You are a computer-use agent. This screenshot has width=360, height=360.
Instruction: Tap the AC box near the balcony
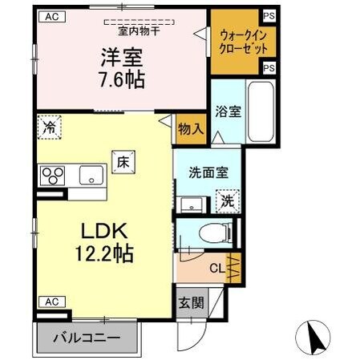tap(51, 301)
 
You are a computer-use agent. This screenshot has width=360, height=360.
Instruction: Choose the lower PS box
tap(268, 68)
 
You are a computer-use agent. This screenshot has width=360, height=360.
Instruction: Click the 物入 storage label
tap(191, 128)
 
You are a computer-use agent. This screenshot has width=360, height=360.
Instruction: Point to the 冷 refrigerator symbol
tap(50, 127)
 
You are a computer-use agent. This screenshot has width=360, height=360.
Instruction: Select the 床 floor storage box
tap(123, 160)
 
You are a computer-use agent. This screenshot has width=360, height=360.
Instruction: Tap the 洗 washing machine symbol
tap(229, 201)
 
